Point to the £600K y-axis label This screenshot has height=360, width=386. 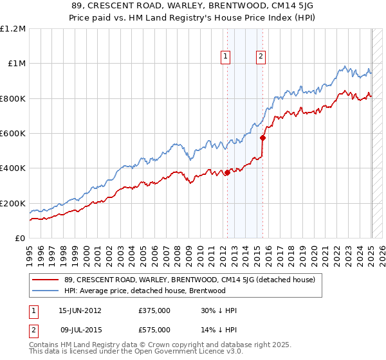(13, 134)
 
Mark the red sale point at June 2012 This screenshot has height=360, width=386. (227, 172)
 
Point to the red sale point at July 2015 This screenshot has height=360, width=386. (262, 138)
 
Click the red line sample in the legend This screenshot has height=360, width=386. (46, 280)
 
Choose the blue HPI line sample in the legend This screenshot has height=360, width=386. (46, 291)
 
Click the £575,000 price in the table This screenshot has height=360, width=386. (154, 329)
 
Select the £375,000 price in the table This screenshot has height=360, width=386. (154, 311)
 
